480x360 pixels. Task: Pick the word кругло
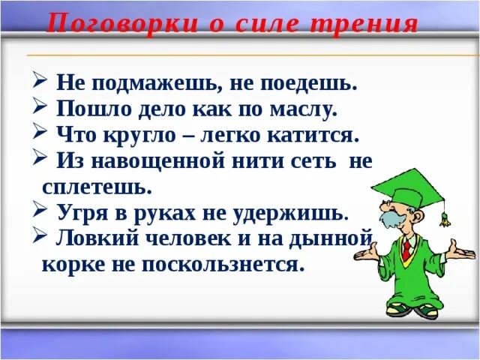pos(143,135)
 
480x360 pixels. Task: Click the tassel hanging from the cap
pos(444,218)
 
